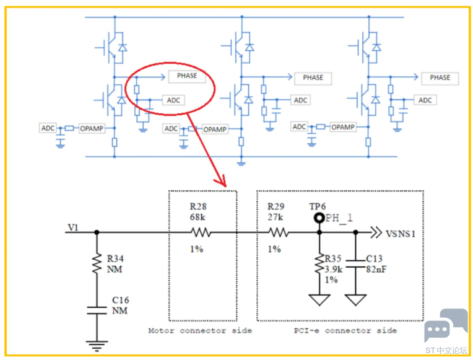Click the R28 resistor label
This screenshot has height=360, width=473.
tap(198, 206)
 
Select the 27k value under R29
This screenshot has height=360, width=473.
tap(275, 217)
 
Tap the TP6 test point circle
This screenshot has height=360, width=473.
tap(319, 217)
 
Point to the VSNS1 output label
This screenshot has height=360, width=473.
tap(401, 234)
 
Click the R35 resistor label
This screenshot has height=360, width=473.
tap(332, 258)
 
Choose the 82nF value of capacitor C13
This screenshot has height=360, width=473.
tap(376, 269)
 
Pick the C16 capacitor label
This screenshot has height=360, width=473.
tap(120, 300)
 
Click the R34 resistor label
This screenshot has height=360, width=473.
tap(115, 258)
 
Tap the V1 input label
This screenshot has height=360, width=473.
tap(73, 227)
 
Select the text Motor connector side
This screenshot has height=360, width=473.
tap(200, 331)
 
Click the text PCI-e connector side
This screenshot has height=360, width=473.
tap(345, 331)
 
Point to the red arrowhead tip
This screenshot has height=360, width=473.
tap(225, 187)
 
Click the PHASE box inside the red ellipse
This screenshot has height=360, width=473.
tap(187, 76)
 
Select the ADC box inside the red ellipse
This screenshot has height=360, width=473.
tap(173, 100)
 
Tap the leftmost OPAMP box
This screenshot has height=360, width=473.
tap(92, 128)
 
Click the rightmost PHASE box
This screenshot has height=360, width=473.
tap(440, 78)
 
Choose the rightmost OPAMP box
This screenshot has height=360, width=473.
tap(343, 127)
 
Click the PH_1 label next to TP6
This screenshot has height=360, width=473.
tap(339, 217)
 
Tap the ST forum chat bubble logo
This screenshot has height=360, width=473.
tap(445, 325)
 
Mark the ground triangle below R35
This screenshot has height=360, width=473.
tap(319, 300)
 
